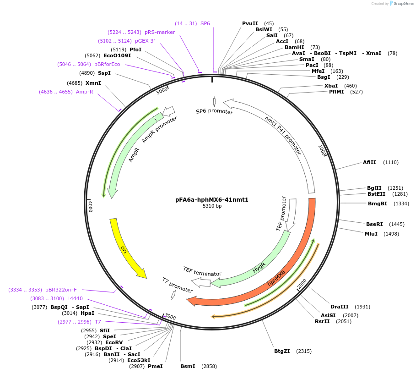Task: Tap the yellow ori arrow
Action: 125,248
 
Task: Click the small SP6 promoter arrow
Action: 214,101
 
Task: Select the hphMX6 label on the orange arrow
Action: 276,279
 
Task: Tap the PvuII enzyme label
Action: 250,23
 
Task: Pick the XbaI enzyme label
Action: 331,86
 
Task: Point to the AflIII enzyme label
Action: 369,162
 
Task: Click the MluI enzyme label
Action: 371,234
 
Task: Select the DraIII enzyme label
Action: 340,307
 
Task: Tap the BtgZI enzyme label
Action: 282,351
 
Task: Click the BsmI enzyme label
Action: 188,366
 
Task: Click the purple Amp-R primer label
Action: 84,92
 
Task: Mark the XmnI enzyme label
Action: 93,83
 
